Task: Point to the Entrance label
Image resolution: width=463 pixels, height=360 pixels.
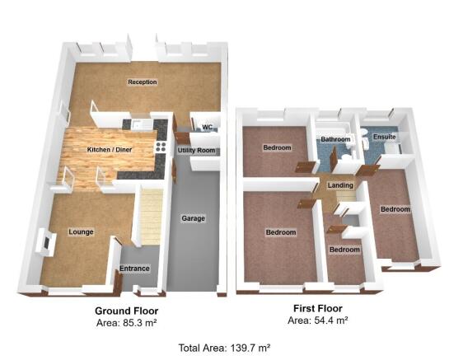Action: [x=134, y=269]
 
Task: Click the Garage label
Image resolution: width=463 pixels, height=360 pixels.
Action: [x=193, y=218]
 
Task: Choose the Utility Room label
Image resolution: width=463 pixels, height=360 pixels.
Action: [x=195, y=151]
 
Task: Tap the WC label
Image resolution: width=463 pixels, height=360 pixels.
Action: [x=208, y=127]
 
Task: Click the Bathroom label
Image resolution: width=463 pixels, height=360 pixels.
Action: [x=335, y=140]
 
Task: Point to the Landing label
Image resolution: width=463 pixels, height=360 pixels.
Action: [x=340, y=185]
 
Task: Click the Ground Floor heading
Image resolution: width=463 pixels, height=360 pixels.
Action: [x=127, y=311]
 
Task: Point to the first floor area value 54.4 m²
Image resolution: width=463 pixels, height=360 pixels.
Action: [x=331, y=319]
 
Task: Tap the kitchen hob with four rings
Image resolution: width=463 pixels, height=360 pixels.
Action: [x=161, y=147]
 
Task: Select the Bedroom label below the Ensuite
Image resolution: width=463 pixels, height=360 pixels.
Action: [x=395, y=209]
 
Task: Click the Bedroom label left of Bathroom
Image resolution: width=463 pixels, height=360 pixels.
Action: [x=277, y=148]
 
